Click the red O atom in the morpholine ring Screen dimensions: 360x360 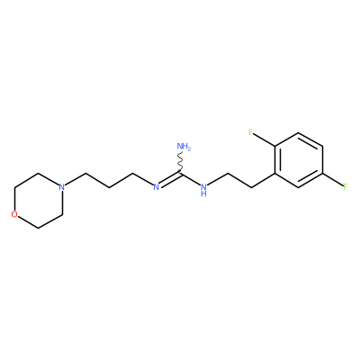click(x=14, y=214)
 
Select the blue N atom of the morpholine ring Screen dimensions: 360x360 click(x=61, y=187)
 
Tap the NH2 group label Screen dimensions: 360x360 click(x=184, y=147)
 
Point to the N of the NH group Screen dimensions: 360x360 click(x=203, y=187)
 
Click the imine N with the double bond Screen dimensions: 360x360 click(x=156, y=187)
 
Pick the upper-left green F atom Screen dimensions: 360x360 click(x=251, y=132)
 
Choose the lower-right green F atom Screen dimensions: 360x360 click(x=346, y=187)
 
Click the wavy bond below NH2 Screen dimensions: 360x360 click(x=180, y=162)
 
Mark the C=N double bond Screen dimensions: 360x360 click(x=170, y=179)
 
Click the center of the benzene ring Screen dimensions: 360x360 click(x=298, y=160)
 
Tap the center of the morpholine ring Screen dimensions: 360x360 click(x=38, y=201)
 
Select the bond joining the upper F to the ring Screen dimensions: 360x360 click(x=265, y=139)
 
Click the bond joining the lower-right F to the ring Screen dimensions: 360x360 click(x=332, y=180)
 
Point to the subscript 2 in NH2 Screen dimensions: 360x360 click(x=189, y=148)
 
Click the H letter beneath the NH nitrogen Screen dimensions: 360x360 click(x=203, y=193)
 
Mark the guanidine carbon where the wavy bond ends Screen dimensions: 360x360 click(x=180, y=173)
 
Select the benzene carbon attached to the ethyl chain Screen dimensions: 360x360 click(x=274, y=174)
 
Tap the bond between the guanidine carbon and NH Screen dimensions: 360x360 click(x=191, y=179)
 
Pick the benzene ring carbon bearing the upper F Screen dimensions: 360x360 click(x=274, y=147)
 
